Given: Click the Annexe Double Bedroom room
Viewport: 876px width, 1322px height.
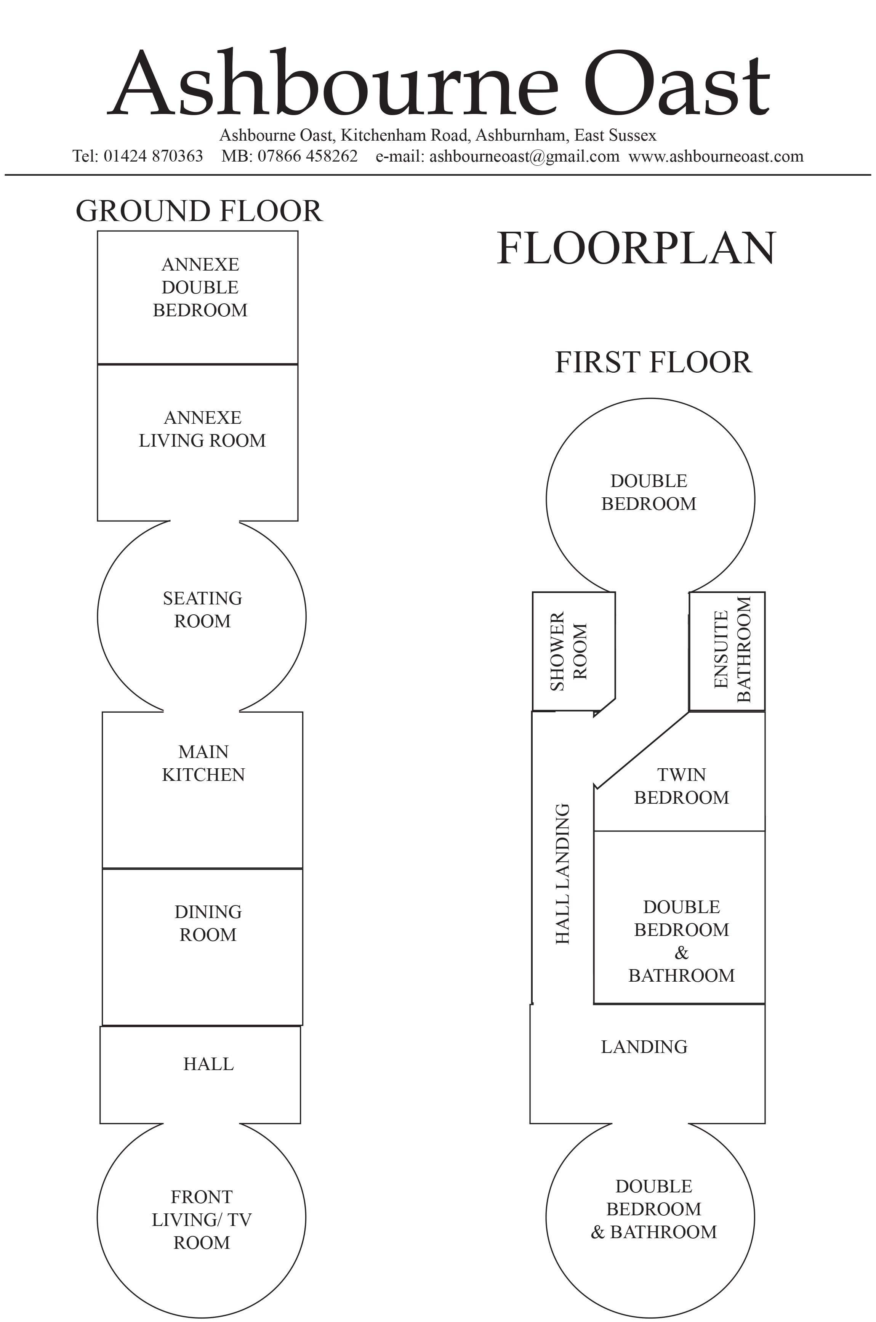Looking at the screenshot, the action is pos(198,297).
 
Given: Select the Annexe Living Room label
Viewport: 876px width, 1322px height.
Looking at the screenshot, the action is pos(202,429).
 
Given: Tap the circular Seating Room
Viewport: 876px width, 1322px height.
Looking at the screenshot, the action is pos(202,616).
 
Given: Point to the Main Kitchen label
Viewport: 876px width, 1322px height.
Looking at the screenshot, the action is pos(203,763).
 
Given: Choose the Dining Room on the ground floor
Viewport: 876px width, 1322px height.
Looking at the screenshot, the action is pos(202,947).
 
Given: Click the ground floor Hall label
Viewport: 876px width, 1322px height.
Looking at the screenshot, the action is pos(208,1064).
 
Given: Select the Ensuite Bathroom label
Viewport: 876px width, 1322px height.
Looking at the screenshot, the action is pos(732,649).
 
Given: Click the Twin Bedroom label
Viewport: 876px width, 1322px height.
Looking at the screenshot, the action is pos(682,786).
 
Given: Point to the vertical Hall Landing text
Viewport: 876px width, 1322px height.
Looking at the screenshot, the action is pos(562,874).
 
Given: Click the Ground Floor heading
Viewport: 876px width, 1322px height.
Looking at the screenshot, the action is pos(199,211).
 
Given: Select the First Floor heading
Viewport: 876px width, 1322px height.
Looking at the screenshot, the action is pos(653,362).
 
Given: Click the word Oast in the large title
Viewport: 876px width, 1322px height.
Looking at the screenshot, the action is pos(677,84).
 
